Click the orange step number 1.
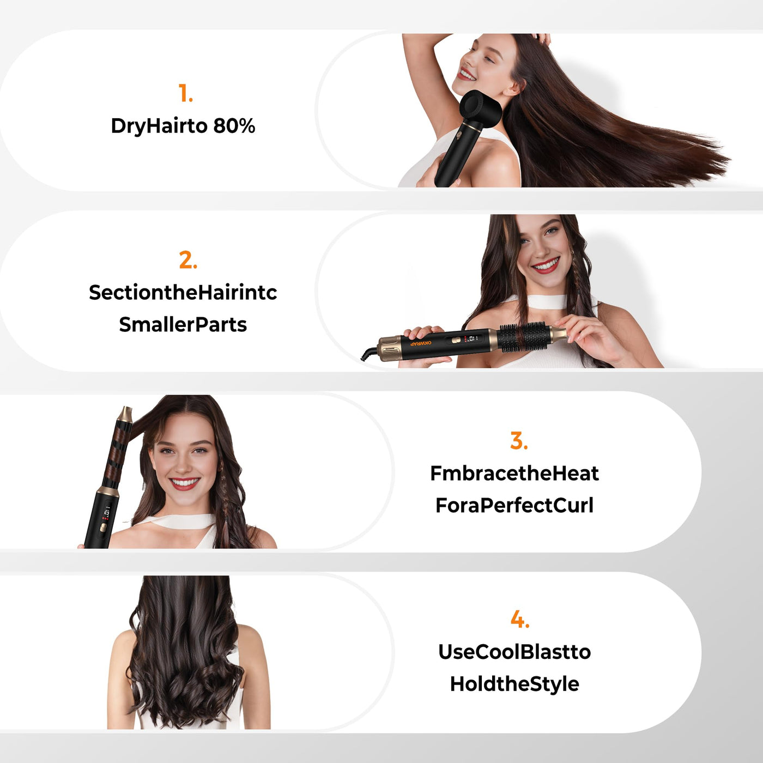point(185,93)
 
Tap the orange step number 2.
point(187,260)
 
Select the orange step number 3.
point(519,441)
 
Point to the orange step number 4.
point(519,619)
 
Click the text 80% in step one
point(234,126)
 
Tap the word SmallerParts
point(183,325)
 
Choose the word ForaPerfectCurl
point(514,506)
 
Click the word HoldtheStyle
point(514,684)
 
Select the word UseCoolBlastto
point(514,652)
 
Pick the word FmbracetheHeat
point(514,474)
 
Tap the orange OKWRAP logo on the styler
point(421,343)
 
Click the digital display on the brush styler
point(471,339)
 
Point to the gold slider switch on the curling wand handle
point(102,527)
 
